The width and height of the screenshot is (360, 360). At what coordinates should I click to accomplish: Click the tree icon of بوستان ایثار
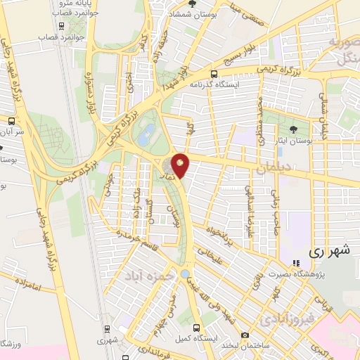293,128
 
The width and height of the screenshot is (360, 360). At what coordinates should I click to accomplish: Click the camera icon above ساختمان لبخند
245,335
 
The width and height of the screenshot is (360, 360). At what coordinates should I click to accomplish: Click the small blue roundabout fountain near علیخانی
184,274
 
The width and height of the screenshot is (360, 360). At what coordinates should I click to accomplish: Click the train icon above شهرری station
108,328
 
